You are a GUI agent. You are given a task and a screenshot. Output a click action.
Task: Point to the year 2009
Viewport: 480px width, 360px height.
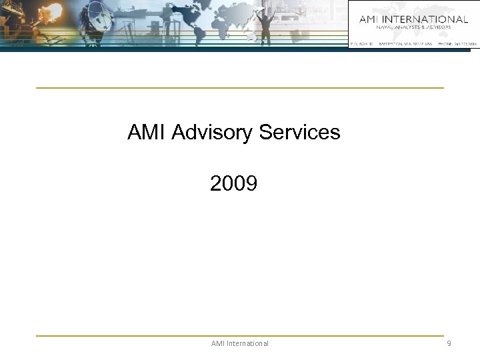(233, 183)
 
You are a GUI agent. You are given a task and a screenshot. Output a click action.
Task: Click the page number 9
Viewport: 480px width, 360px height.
(449, 343)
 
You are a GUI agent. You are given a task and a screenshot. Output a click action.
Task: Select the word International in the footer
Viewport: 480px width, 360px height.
(249, 343)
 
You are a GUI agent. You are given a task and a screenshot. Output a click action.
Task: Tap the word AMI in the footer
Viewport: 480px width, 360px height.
(219, 343)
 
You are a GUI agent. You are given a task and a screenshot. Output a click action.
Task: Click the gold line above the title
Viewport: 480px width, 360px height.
(239, 87)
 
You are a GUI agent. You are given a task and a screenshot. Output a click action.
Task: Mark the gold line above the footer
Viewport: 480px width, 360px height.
(239, 335)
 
